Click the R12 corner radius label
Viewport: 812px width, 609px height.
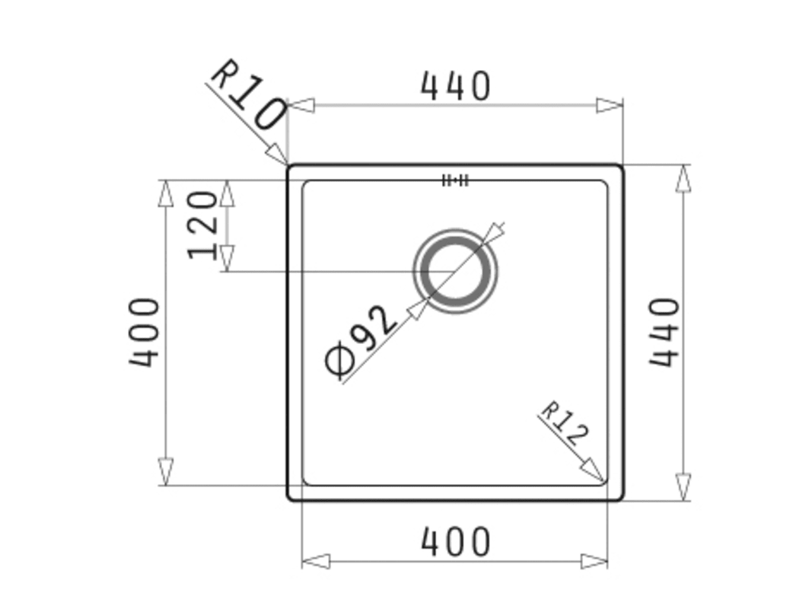(565, 423)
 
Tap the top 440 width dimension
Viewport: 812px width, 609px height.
(454, 86)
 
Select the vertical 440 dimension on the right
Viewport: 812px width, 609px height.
(664, 332)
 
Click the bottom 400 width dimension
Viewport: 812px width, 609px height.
(454, 542)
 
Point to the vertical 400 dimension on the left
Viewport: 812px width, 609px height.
(145, 332)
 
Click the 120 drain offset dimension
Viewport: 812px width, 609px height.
(202, 225)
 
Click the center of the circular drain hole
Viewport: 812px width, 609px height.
(455, 271)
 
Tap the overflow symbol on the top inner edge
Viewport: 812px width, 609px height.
(455, 180)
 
